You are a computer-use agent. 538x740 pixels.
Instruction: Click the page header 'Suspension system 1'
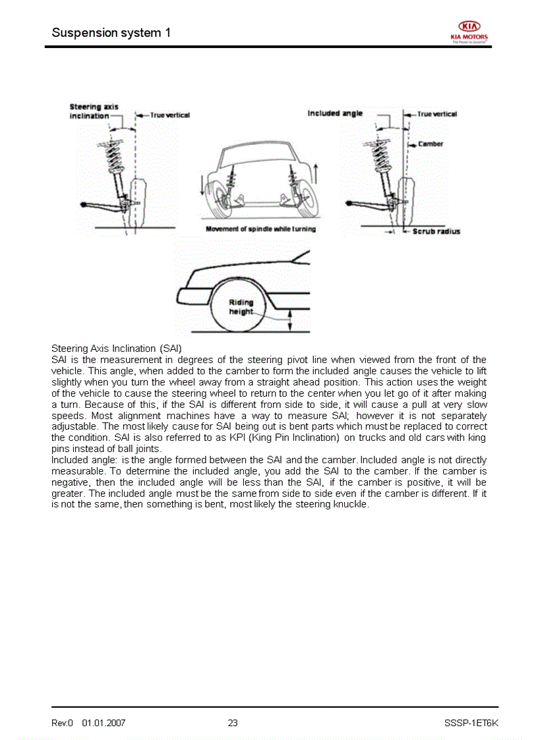coord(111,32)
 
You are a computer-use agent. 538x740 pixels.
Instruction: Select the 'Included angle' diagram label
coord(335,113)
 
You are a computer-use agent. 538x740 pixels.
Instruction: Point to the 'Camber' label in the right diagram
coord(430,144)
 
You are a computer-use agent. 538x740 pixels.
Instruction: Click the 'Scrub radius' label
coord(436,231)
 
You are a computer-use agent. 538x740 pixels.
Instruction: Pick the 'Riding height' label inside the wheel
coord(241,307)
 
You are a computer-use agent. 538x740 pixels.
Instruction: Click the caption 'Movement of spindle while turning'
coord(260,229)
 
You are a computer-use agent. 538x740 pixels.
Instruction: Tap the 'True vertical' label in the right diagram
coord(436,114)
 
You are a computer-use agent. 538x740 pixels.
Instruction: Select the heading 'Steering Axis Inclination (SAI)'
coord(116,348)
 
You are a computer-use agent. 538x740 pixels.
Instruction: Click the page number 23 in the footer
coord(233,723)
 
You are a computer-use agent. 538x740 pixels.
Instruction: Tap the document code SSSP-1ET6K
coord(471,723)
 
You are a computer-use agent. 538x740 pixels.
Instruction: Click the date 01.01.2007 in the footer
coord(104,723)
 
